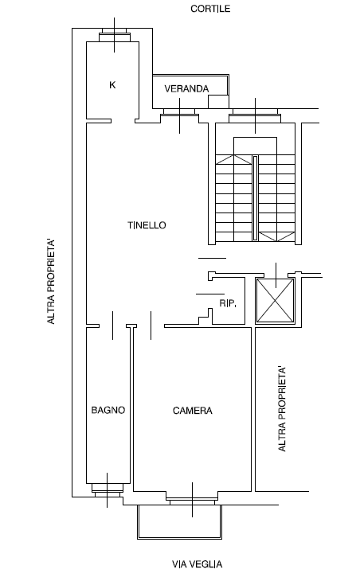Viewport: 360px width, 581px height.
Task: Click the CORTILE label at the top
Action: click(x=210, y=9)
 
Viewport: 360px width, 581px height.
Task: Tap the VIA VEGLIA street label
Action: click(x=198, y=564)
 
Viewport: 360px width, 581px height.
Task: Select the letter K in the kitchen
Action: click(x=112, y=85)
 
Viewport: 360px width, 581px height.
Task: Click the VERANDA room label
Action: click(x=186, y=89)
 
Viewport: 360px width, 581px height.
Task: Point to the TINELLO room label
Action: click(x=147, y=225)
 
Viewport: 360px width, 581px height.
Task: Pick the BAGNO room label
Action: click(x=108, y=410)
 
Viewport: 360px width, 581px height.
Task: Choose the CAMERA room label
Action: click(x=193, y=411)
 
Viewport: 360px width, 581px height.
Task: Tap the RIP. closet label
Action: click(x=228, y=303)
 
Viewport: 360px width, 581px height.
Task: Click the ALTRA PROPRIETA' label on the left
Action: click(x=51, y=282)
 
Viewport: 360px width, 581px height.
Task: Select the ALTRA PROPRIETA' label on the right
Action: click(x=282, y=409)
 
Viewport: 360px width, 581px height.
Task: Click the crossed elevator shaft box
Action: click(x=275, y=302)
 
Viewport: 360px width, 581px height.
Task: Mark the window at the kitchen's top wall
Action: click(x=115, y=36)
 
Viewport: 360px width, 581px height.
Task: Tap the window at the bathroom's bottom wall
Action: click(x=108, y=489)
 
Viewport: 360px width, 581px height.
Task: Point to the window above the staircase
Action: click(x=255, y=115)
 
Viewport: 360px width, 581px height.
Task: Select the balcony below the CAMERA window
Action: click(x=180, y=522)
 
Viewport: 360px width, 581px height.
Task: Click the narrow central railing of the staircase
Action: click(x=255, y=198)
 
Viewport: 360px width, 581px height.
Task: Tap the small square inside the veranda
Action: click(x=218, y=102)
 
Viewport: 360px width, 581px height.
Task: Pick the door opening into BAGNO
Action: click(x=113, y=326)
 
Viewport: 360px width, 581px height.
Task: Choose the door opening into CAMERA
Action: click(x=151, y=326)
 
